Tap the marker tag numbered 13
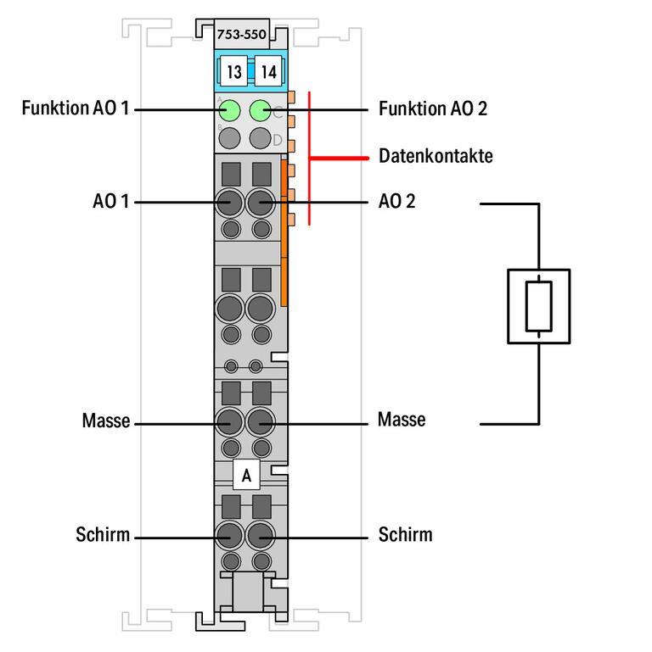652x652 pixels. click(x=233, y=71)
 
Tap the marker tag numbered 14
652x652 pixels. click(x=268, y=71)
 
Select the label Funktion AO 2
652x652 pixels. click(x=433, y=109)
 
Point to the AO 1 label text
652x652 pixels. click(x=111, y=203)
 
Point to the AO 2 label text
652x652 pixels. click(x=396, y=203)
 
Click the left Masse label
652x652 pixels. click(x=106, y=421)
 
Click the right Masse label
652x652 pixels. click(x=402, y=421)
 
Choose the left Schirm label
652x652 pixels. click(x=103, y=535)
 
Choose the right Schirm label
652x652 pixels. click(x=405, y=535)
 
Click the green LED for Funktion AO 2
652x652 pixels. click(x=261, y=110)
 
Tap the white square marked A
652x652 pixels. click(x=246, y=476)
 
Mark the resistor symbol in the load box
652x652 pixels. click(x=538, y=306)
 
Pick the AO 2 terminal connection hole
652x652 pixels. click(x=261, y=203)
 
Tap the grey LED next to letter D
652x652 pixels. click(x=261, y=139)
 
